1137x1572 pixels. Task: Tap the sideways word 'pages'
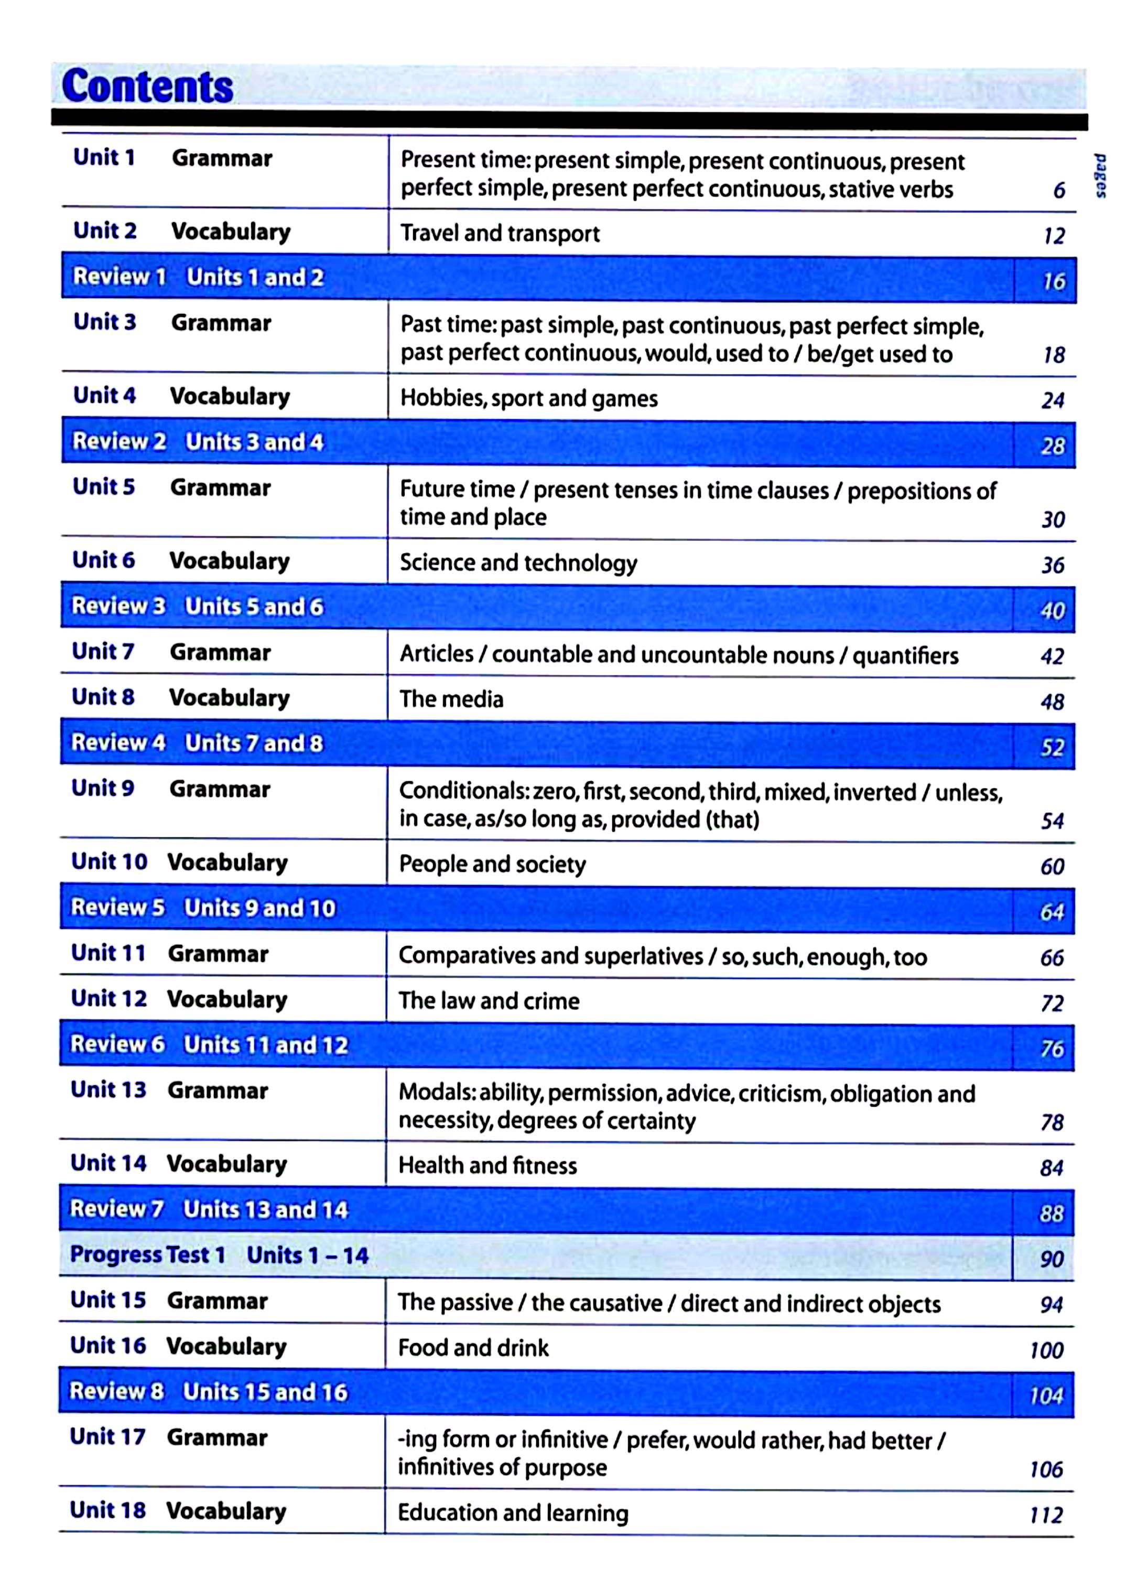[x=1100, y=176]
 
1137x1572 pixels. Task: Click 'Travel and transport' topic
[x=500, y=234]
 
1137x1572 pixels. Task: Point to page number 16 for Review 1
[x=1053, y=281]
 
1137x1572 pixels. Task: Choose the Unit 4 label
[x=105, y=396]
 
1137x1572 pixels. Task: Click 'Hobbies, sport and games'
[x=528, y=399]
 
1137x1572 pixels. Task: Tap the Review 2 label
[x=119, y=442]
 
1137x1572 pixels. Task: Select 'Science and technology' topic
[x=518, y=563]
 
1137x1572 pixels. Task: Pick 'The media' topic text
[x=451, y=698]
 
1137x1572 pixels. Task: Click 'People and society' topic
[x=492, y=864]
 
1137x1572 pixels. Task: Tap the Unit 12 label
[x=109, y=999]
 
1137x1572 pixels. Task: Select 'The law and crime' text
[x=489, y=1001]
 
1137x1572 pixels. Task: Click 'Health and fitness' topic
[x=488, y=1166]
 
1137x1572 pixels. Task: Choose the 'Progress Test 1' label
[x=148, y=1256]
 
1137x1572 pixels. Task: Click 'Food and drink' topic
[x=473, y=1348]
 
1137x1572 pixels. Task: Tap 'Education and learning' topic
[x=513, y=1513]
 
